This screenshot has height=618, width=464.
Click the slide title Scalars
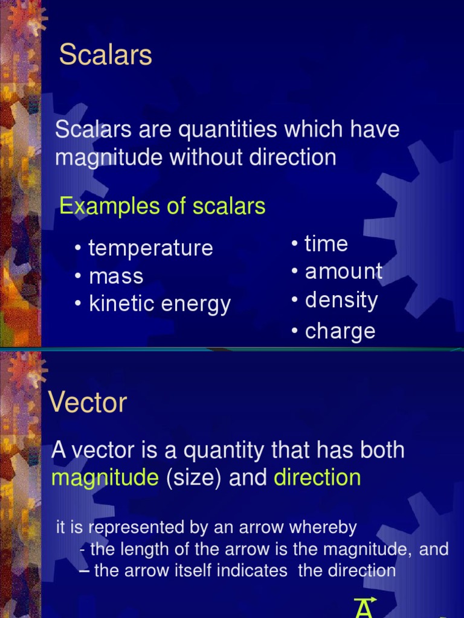[105, 56]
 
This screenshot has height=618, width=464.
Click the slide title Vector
[88, 403]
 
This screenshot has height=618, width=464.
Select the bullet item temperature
[150, 248]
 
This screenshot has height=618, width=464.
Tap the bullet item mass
[116, 276]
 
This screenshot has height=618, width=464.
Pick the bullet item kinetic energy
[159, 304]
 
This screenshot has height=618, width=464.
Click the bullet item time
[326, 244]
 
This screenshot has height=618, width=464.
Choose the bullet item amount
[343, 272]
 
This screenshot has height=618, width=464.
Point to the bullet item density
[341, 300]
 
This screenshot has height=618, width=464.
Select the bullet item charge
[340, 331]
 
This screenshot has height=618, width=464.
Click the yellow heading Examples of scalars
[162, 206]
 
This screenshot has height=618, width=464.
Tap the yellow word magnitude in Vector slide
[105, 478]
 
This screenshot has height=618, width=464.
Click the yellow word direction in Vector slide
[317, 478]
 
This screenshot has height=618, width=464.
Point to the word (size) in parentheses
[193, 478]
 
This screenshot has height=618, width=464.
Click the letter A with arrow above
[364, 608]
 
